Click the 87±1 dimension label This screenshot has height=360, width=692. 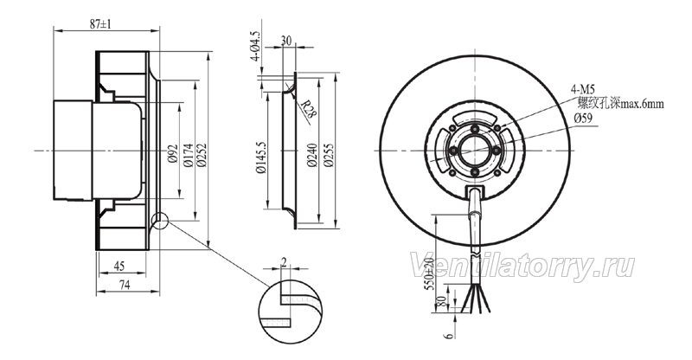100,25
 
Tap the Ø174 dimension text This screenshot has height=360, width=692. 188,155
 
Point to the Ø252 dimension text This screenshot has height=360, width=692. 202,155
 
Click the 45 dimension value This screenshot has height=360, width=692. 119,266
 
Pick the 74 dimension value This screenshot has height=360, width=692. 125,286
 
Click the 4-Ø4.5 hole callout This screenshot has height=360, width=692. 256,46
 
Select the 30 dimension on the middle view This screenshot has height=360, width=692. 286,41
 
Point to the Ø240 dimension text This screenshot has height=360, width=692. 312,155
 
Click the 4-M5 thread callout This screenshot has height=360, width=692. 580,90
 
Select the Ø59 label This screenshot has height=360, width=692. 583,118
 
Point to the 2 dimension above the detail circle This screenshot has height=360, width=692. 284,263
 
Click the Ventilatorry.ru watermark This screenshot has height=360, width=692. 522,267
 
